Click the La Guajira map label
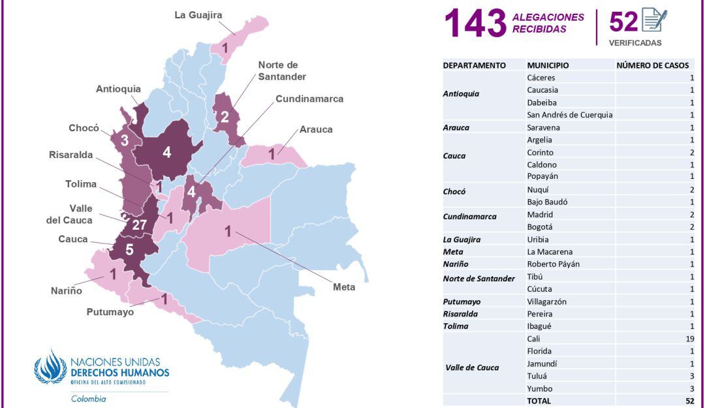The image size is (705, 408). (198, 15)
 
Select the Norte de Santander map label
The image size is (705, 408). (282, 71)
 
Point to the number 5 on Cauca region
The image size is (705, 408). (129, 249)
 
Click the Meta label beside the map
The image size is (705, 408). (344, 287)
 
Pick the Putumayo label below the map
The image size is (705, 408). (110, 312)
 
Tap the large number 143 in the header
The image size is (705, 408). (475, 24)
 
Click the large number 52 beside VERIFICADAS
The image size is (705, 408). (623, 22)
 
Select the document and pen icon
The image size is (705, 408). (654, 20)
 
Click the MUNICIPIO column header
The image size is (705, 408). (548, 65)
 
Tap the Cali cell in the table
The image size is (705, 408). (533, 339)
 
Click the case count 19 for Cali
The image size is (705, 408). (689, 339)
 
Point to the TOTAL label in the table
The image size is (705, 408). (539, 401)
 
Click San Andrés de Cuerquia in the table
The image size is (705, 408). (569, 115)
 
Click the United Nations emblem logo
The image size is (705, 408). (50, 367)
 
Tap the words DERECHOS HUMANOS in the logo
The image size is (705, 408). (119, 373)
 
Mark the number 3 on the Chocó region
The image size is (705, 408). (124, 140)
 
